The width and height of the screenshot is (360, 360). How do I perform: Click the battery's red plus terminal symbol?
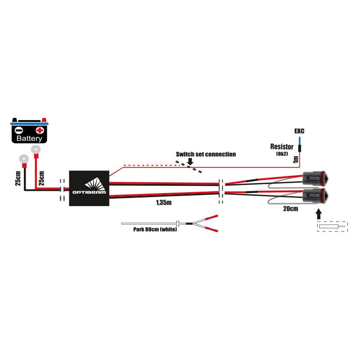[40, 130]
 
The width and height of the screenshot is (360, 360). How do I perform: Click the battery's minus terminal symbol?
[18, 130]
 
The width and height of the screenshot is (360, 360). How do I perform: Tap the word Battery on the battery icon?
[29, 139]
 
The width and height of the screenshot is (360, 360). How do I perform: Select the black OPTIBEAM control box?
[89, 188]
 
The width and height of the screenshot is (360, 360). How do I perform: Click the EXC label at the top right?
[299, 131]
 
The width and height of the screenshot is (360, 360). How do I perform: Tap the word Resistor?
[282, 147]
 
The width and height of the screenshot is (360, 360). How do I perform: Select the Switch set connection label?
[206, 154]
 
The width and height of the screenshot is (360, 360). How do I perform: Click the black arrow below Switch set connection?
[190, 162]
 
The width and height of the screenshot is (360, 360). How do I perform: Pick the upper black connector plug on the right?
[315, 178]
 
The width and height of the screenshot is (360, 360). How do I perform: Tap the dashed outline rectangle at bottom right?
[333, 226]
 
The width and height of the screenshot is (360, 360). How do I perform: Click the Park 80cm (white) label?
[155, 229]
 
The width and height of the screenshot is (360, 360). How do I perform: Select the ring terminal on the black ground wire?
[23, 159]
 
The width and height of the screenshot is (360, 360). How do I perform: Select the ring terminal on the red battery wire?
[36, 150]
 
